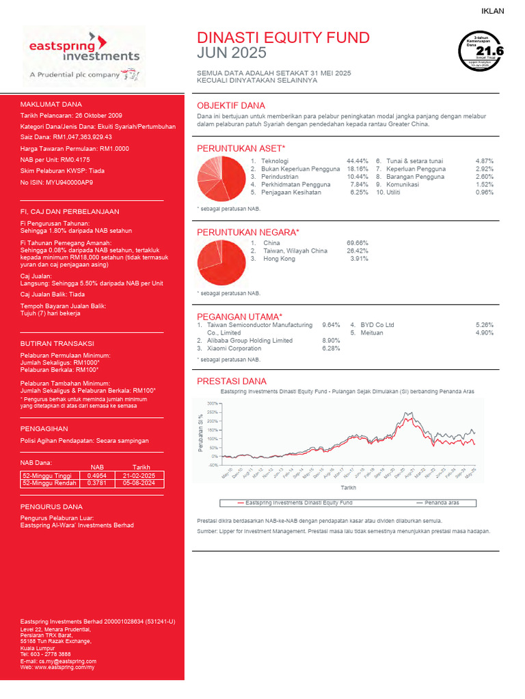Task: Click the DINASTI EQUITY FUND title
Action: click(283, 38)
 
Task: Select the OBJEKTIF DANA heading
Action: click(231, 106)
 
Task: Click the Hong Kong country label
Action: click(279, 259)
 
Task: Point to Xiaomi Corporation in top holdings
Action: click(234, 349)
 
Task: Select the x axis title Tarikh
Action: click(349, 488)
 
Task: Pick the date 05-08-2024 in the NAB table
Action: click(144, 483)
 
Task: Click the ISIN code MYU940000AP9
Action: click(70, 183)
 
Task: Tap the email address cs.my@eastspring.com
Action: click(68, 661)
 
